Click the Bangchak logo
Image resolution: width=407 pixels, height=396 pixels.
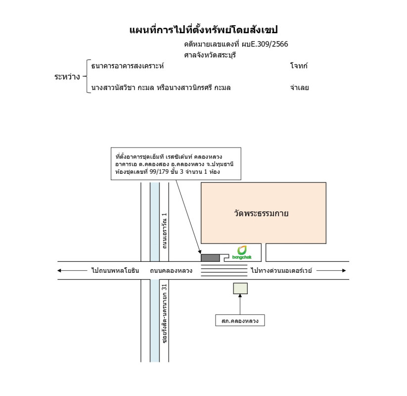point(242,252)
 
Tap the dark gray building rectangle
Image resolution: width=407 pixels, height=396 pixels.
point(210,258)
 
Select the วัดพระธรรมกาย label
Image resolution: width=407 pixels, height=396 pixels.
point(261,213)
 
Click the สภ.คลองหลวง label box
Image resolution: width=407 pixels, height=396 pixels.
point(240,320)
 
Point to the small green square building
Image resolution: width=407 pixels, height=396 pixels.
point(240,289)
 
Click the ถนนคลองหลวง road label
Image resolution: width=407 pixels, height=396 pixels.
point(171,271)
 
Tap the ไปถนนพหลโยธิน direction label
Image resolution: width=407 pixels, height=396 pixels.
point(115,270)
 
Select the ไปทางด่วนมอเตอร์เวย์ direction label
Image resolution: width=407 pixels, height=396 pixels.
point(281,270)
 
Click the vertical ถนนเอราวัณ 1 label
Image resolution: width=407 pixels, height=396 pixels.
point(164,231)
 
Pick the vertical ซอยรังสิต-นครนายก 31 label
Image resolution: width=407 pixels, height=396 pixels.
point(164,314)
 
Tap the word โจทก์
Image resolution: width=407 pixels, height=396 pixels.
point(299,66)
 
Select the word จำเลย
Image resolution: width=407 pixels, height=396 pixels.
point(300,88)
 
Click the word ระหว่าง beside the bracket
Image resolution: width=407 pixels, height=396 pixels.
point(67,77)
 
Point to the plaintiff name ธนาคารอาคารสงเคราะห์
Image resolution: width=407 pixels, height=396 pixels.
point(128,66)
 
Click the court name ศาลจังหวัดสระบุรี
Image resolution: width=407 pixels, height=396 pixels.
point(210,55)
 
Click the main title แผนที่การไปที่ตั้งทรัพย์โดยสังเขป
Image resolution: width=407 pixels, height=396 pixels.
point(204,30)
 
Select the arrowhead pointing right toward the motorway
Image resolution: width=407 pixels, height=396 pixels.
point(344,270)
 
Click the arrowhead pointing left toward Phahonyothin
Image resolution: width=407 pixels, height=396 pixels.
point(59,270)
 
